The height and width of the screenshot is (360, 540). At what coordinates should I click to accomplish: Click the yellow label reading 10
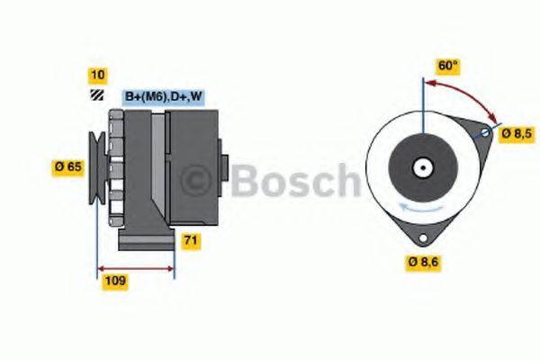click(96, 75)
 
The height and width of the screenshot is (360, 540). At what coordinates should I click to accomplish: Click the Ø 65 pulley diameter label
click(69, 166)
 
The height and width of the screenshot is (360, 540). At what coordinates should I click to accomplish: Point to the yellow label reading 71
click(191, 240)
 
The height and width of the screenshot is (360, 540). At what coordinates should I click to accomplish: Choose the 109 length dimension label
click(114, 281)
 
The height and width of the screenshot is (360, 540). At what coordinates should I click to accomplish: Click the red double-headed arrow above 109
click(135, 267)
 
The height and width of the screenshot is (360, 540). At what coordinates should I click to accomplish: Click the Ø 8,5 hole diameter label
click(517, 133)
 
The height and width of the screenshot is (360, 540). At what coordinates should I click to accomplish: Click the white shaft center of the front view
click(420, 167)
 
